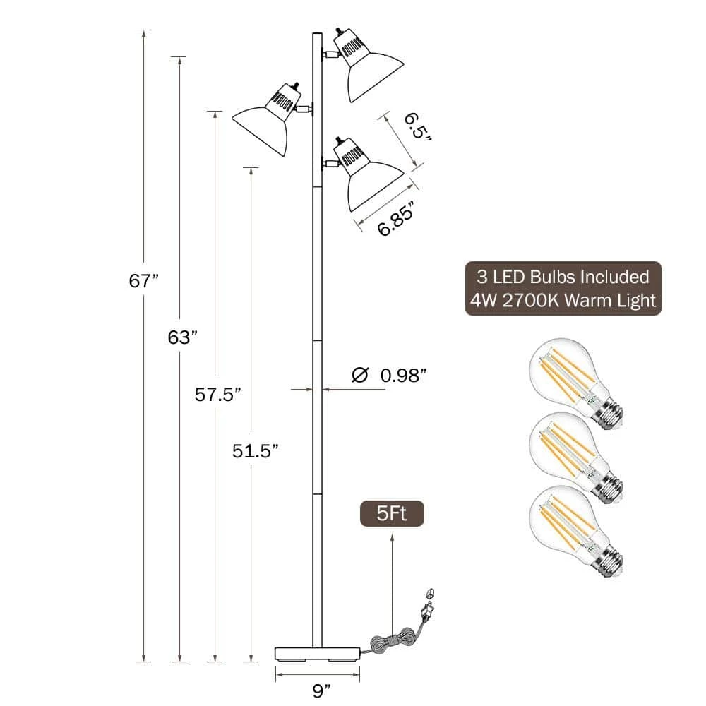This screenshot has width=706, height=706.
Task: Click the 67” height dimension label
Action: click(143, 280)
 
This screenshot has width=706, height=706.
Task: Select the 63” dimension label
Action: click(182, 337)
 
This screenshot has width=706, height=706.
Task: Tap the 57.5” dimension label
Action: click(218, 395)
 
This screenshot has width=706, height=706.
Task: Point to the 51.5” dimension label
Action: click(256, 450)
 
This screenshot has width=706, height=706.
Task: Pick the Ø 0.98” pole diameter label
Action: click(388, 375)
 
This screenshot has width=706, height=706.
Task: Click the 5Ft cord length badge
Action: click(392, 513)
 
